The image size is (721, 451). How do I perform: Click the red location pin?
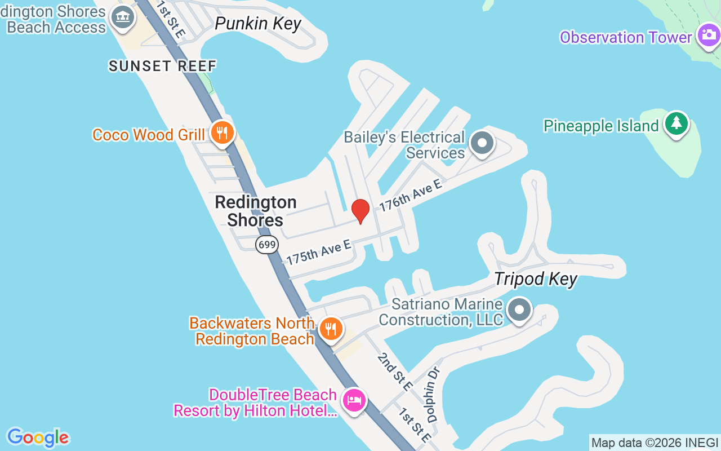tap(360, 211)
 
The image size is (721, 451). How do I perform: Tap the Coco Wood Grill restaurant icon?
tap(222, 133)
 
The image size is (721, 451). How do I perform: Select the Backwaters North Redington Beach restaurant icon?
tap(331, 329)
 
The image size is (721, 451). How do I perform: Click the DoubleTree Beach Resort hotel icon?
tap(354, 400)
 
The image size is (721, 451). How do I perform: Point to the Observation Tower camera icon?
tap(708, 36)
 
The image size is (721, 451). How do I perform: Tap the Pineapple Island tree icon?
tap(676, 123)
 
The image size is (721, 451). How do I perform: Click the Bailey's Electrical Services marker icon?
tap(482, 143)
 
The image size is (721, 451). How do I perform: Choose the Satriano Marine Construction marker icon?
tap(519, 309)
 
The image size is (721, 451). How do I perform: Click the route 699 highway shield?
tap(267, 244)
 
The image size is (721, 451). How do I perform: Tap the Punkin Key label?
tap(259, 24)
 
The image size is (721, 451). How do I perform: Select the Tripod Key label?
tap(536, 279)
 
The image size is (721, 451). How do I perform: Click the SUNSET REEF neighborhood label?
tap(163, 66)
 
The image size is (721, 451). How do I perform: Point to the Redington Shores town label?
tap(256, 211)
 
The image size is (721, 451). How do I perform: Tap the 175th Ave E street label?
tap(319, 252)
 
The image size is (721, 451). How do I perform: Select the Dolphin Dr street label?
tap(433, 395)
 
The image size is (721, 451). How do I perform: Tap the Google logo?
tap(38, 437)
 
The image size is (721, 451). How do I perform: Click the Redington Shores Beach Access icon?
tap(122, 17)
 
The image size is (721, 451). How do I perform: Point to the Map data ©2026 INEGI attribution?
tap(655, 443)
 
